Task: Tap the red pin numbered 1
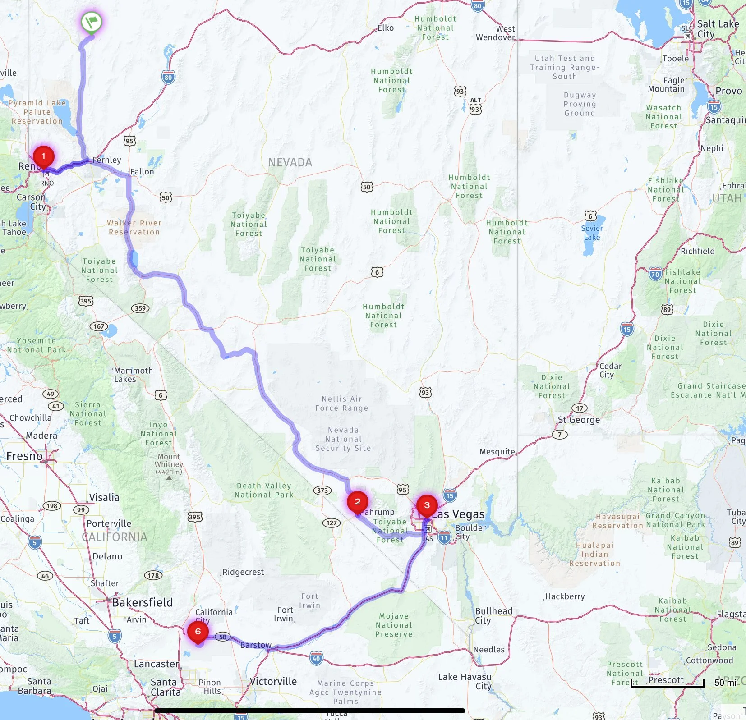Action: (44, 156)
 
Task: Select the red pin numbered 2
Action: (357, 502)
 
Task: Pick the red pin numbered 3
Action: (427, 505)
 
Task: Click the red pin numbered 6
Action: (198, 632)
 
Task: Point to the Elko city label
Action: (386, 28)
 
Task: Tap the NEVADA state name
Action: (290, 162)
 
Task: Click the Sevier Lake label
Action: (592, 233)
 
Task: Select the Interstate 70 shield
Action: (655, 274)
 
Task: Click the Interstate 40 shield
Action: (316, 659)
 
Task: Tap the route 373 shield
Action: (322, 491)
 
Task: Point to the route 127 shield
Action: (332, 523)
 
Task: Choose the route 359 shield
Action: (140, 308)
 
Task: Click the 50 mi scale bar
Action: (668, 683)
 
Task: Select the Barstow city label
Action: (256, 645)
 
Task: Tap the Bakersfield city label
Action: (143, 603)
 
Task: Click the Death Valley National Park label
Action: (264, 490)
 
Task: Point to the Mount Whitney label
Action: (169, 463)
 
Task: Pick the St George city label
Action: (579, 420)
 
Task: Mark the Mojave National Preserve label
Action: (394, 625)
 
